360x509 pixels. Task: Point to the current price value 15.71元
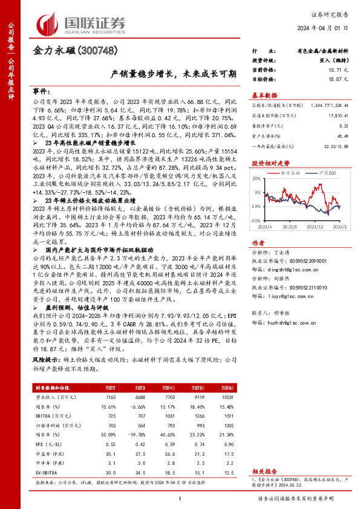tap(336, 70)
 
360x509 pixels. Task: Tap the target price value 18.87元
tap(336, 79)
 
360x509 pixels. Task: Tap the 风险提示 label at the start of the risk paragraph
tap(44, 359)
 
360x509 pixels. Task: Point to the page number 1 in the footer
tap(180, 498)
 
